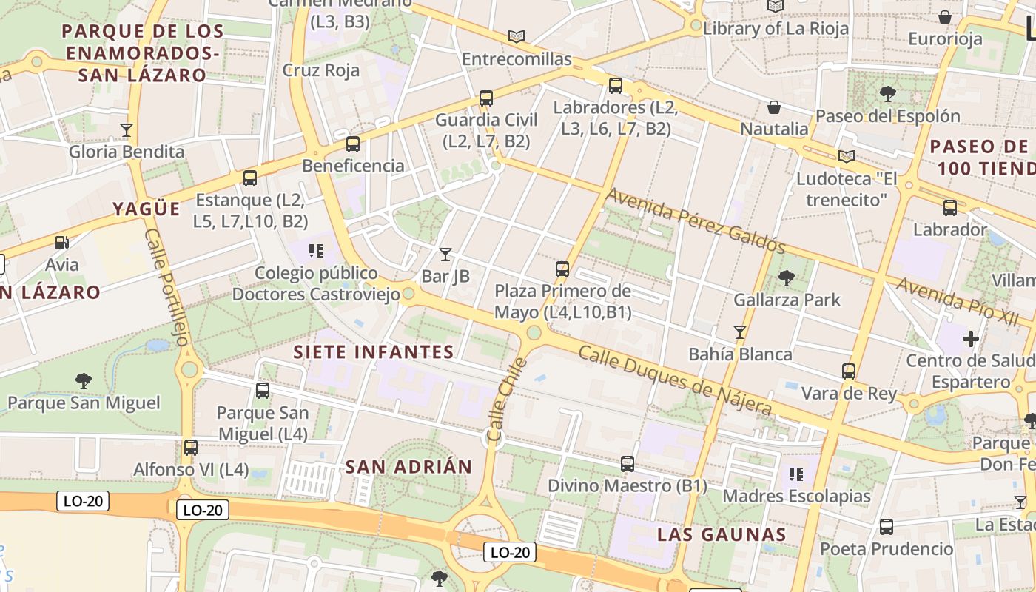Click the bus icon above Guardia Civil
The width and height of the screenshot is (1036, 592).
click(x=486, y=98)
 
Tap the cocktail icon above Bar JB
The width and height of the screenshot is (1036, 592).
click(x=445, y=255)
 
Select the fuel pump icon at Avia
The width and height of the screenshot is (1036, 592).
click(x=62, y=242)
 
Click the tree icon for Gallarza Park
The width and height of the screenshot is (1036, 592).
click(x=786, y=278)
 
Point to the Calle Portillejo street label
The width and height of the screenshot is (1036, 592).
click(x=168, y=287)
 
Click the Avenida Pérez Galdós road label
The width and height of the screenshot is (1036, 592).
click(x=696, y=220)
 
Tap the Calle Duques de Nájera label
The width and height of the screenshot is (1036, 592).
click(x=674, y=380)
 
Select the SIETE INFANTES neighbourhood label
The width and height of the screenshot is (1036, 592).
click(x=374, y=351)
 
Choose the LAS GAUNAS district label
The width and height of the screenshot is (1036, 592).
click(x=721, y=534)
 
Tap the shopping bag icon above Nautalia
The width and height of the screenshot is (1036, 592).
click(x=774, y=107)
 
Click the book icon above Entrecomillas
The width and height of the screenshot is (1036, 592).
click(x=517, y=36)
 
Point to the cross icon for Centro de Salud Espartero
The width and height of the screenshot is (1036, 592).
click(x=970, y=339)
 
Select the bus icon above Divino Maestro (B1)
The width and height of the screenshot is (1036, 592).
click(x=628, y=464)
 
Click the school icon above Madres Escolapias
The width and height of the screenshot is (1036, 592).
click(x=796, y=474)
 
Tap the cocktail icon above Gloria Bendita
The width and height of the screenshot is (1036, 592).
click(x=127, y=130)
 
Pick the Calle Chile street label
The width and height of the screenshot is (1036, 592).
click(x=507, y=400)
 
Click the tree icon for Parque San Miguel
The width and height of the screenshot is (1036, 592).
click(x=84, y=381)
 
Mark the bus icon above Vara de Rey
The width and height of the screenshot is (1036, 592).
click(x=849, y=371)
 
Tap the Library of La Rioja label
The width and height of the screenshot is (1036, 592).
click(x=776, y=28)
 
